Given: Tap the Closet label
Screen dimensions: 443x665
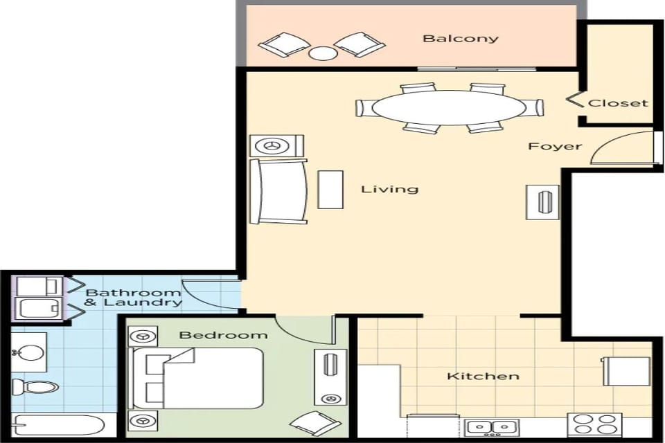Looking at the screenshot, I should point(618,103).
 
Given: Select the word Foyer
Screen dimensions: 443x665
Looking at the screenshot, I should point(555,147).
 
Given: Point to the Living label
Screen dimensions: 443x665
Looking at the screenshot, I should point(389,189).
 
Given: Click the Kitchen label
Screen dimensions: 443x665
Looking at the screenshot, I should point(483,377).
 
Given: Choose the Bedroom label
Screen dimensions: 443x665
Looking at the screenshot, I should point(223,336).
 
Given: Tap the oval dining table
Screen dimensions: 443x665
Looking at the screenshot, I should point(449,107).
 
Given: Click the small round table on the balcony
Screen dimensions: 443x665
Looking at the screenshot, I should point(322,53).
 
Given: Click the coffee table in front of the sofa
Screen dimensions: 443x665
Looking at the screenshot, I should point(330,189).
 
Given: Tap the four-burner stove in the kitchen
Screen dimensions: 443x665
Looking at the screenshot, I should point(594,424).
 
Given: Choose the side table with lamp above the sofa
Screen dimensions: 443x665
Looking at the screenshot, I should point(276,145).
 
